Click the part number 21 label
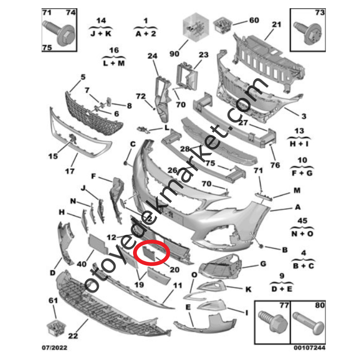(276, 25)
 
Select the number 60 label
(254, 20)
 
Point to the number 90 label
(174, 54)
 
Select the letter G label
(263, 264)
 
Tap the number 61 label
(54, 300)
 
